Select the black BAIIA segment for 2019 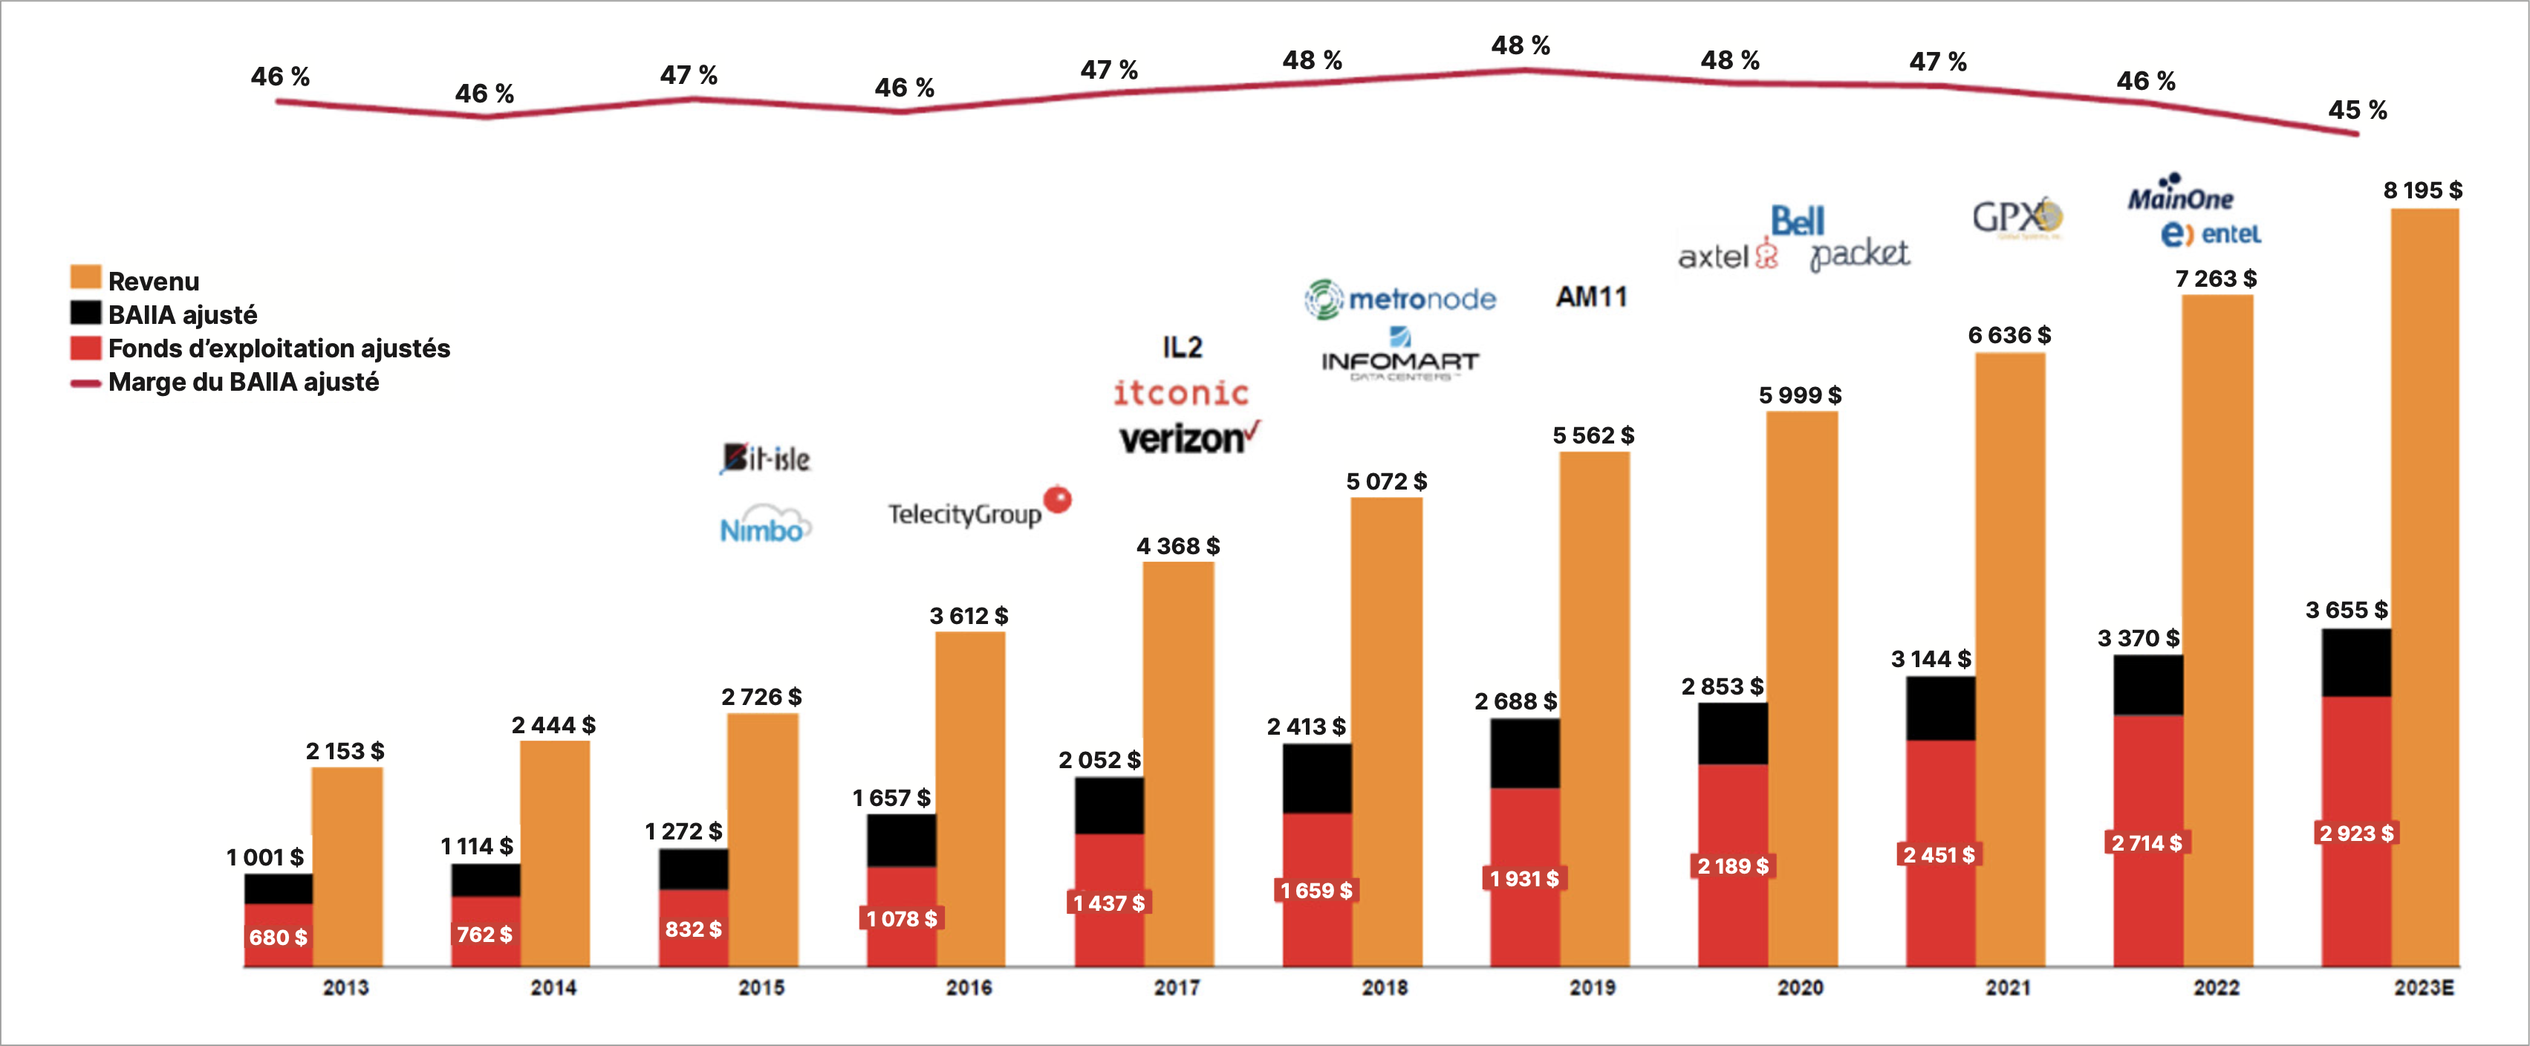pos(1524,753)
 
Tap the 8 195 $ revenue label pos(2423,190)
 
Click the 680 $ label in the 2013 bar pos(278,937)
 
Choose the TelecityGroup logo pos(978,510)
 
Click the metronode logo pos(1400,299)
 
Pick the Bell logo pos(1798,221)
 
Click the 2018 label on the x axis pos(1385,987)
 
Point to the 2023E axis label pos(2423,987)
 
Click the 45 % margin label pos(2357,110)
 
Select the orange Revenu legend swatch pos(85,278)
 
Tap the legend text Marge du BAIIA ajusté pos(244,382)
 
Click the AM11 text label pos(1591,296)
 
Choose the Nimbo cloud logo pos(765,527)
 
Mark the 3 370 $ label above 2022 pos(2138,638)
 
